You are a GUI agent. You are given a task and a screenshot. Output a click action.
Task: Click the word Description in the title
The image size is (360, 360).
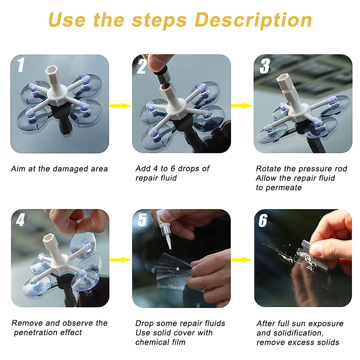(x=253, y=20)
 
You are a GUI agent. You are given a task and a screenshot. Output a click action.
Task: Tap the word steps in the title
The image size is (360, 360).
(x=159, y=20)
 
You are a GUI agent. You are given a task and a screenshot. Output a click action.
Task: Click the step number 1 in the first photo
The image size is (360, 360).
(x=20, y=65)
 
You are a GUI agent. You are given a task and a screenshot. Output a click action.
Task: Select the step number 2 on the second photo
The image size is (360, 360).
(x=142, y=66)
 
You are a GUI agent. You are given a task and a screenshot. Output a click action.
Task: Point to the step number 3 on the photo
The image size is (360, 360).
(x=265, y=66)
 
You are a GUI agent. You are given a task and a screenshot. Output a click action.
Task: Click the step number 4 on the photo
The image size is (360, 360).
(x=20, y=220)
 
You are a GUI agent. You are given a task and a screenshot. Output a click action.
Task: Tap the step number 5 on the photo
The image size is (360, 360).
(x=142, y=220)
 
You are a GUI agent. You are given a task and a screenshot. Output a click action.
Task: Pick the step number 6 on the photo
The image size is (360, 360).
(x=263, y=220)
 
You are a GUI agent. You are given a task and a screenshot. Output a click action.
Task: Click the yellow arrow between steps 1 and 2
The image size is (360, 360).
(x=120, y=106)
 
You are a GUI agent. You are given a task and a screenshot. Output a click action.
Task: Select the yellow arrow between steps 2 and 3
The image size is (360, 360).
(x=242, y=106)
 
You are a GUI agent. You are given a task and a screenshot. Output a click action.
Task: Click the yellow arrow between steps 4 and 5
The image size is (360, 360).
(x=120, y=260)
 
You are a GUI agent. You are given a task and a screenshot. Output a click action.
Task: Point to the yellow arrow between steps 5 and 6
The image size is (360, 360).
(x=242, y=260)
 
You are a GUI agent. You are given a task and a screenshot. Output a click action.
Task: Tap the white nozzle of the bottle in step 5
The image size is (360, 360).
(x=169, y=242)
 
